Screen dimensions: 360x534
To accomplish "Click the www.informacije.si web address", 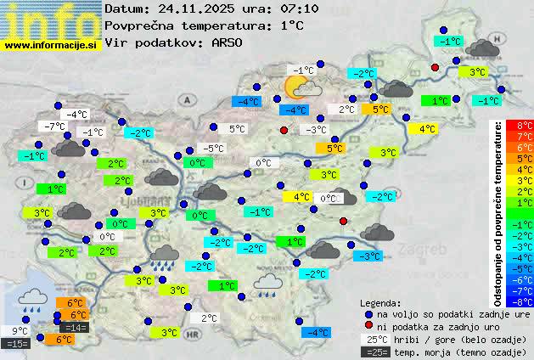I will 51,44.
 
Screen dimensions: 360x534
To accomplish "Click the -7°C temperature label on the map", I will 55,127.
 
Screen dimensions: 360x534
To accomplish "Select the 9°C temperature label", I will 20,331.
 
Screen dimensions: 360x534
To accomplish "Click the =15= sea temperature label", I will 17,344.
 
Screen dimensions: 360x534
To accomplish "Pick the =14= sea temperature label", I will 75,328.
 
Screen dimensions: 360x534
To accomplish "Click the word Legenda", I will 380,302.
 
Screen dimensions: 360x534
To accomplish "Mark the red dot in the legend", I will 368,326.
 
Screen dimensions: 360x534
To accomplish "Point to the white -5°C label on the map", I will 213,149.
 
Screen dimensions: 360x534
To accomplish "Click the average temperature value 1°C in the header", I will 292,25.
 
